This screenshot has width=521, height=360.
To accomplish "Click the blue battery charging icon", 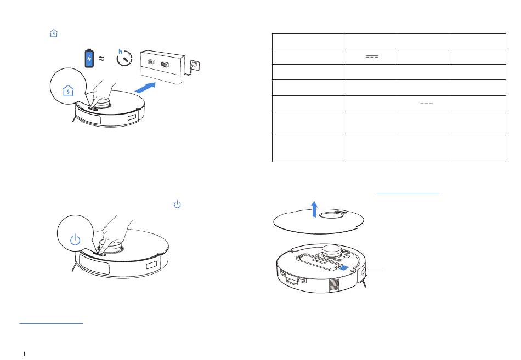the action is click(x=89, y=58).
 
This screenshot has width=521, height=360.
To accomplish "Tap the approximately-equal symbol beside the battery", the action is click(x=101, y=59).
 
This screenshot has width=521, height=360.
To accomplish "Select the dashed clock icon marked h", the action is click(x=124, y=58).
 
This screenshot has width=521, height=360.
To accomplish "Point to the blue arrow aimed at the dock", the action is click(x=145, y=87).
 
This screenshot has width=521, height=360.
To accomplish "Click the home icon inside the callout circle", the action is click(x=68, y=90).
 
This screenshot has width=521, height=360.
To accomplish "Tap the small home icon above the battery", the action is click(x=54, y=33).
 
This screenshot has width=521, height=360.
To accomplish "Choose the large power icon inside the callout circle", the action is click(x=76, y=239).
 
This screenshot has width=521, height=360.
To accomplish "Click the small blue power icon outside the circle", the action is click(x=178, y=204).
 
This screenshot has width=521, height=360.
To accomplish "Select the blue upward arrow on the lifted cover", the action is click(x=314, y=209).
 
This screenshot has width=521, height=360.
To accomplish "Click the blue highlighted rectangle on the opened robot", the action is click(x=344, y=268).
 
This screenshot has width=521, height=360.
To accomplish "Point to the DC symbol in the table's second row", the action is click(x=372, y=56).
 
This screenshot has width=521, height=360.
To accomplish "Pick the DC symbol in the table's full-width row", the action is click(x=426, y=103).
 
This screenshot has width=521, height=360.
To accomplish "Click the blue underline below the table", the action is click(x=408, y=193).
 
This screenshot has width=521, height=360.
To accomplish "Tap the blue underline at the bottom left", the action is click(x=51, y=323).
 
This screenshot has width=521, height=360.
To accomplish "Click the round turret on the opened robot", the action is click(x=332, y=251).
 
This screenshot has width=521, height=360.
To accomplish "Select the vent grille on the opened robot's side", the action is click(x=335, y=285).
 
